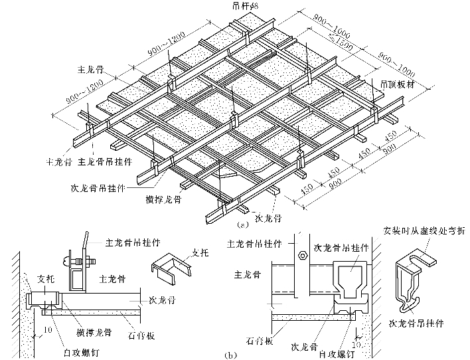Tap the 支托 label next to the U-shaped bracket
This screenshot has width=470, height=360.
tap(200, 252)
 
